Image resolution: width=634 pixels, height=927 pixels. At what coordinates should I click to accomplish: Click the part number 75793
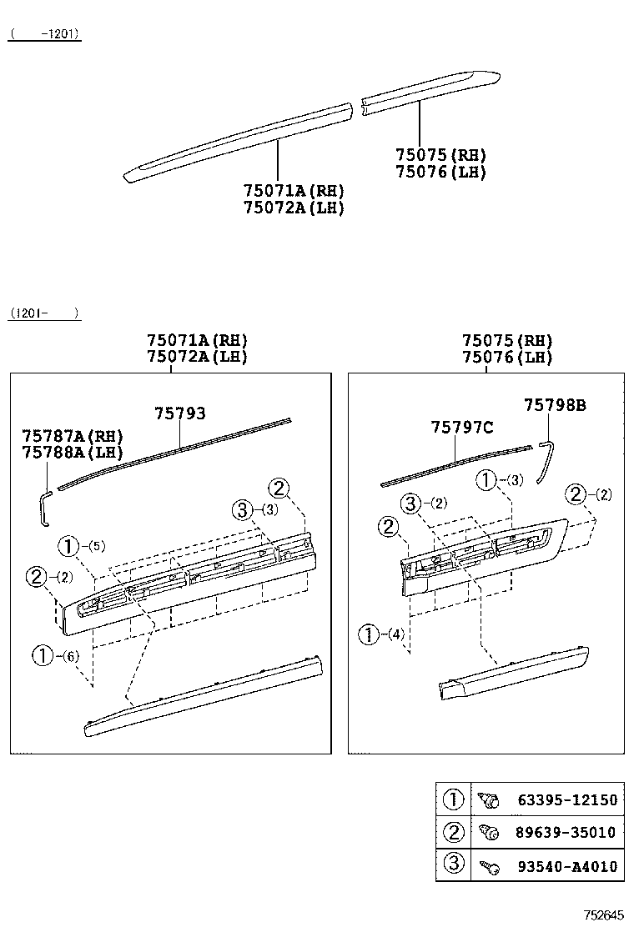coord(179,413)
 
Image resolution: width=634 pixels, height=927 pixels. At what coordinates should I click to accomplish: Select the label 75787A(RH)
coord(73,437)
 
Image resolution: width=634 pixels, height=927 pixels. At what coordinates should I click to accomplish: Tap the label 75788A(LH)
coord(73,453)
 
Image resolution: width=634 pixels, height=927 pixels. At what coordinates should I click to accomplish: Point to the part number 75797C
coord(462,428)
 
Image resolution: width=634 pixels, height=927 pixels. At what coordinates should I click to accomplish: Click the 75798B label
coord(555,406)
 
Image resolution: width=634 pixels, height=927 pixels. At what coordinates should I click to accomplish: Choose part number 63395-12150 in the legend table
coord(567,800)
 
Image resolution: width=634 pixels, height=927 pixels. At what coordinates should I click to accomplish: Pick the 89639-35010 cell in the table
coord(567,832)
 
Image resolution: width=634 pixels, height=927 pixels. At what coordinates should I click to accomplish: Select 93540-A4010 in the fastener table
coord(567,866)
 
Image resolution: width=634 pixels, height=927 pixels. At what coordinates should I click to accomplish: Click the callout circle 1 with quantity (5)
coord(68,547)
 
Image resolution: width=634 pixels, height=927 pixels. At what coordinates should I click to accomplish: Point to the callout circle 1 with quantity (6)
coord(43,656)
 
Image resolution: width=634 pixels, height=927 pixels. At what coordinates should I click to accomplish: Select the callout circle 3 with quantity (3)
coord(241,509)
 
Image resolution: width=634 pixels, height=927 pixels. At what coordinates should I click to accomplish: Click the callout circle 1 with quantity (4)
coord(368,634)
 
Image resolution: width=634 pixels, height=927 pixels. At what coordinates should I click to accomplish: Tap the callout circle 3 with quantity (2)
coord(410,503)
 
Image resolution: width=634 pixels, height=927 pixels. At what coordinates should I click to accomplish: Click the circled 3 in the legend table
coord(453,864)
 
